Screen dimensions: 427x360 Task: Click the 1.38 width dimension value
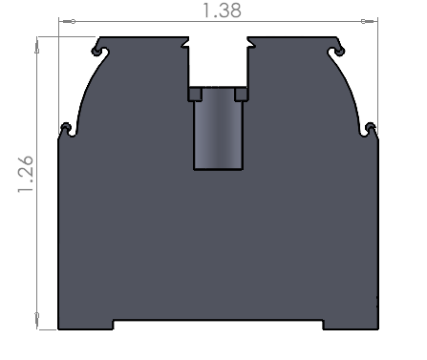pyautogui.click(x=222, y=11)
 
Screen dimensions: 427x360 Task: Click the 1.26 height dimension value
pyautogui.click(x=26, y=174)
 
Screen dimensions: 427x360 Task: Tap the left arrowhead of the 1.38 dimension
pyautogui.click(x=69, y=21)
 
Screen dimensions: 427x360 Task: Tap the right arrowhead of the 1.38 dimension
pyautogui.click(x=368, y=21)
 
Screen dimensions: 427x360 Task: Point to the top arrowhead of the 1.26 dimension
pyautogui.click(x=37, y=46)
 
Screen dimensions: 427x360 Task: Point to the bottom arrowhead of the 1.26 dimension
pyautogui.click(x=37, y=320)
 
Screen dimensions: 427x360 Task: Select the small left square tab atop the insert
pyautogui.click(x=195, y=95)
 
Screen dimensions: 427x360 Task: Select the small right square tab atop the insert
pyautogui.click(x=242, y=95)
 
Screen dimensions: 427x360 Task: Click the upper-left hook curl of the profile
pyautogui.click(x=99, y=51)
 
